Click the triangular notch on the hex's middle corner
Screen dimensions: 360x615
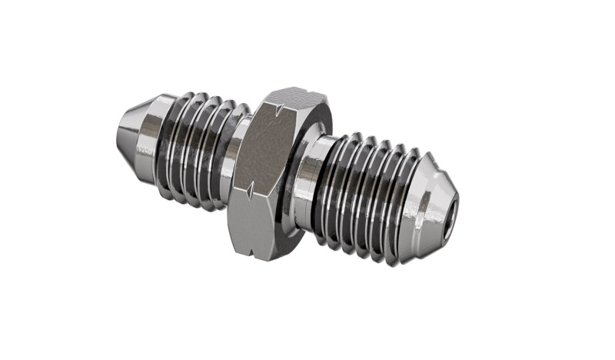pos(251,187)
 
